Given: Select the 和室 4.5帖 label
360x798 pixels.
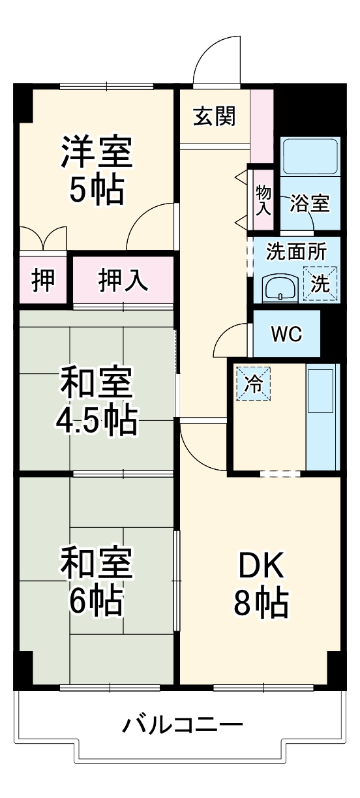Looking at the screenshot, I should tap(97, 402).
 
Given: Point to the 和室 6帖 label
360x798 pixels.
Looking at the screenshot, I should tap(97, 583).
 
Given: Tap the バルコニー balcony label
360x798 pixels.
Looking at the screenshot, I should tap(183, 725).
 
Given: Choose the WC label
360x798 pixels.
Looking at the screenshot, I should tap(287, 334).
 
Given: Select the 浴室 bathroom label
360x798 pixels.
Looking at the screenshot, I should tap(310, 204).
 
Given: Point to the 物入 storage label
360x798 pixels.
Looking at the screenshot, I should tap(263, 200).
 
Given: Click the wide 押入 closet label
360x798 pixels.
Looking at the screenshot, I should tap(123, 280).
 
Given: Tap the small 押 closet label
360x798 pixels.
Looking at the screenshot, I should tap(43, 280).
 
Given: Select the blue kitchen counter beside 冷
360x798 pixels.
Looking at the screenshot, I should tap(323, 417).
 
